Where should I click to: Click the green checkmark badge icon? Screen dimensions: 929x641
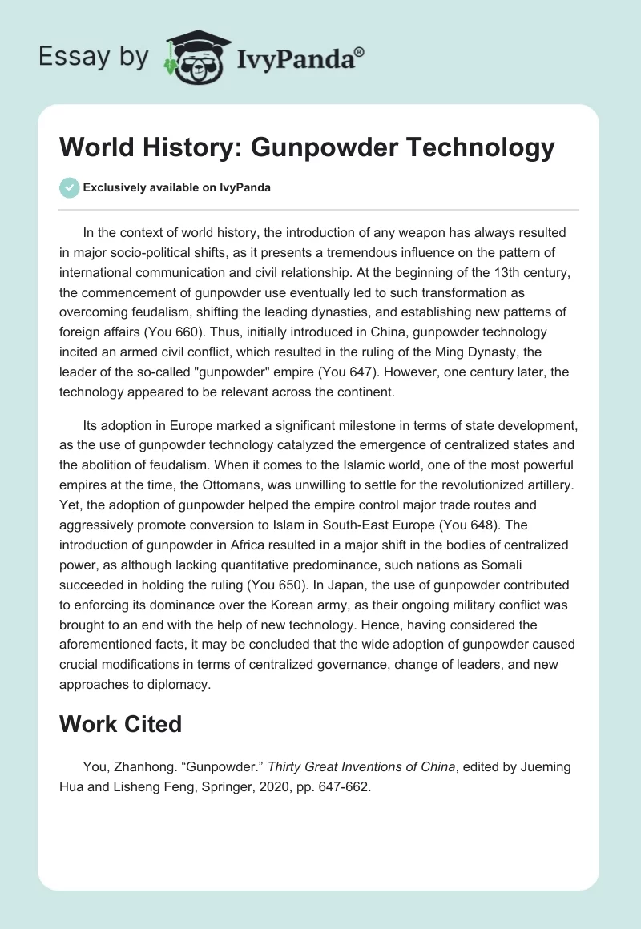(70, 187)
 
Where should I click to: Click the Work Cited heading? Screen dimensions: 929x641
(121, 724)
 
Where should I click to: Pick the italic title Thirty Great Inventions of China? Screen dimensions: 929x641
(361, 767)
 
